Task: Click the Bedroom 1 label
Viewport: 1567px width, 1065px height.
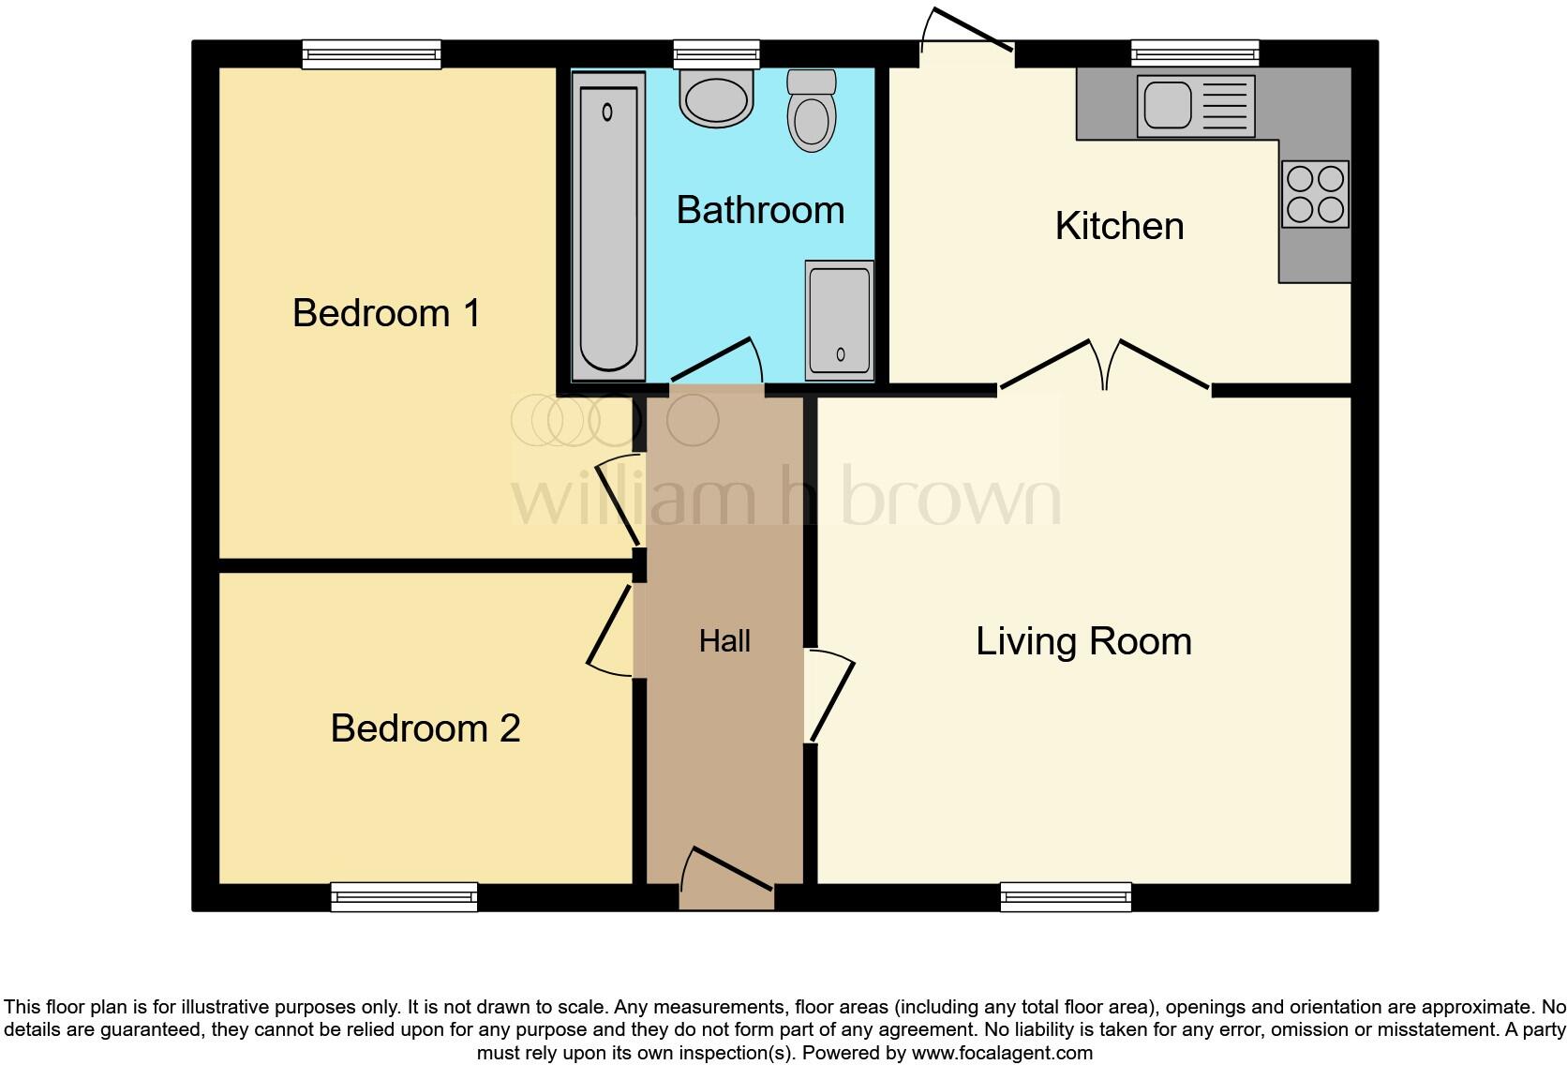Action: (x=386, y=313)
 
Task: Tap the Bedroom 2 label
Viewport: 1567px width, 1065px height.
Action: (x=425, y=728)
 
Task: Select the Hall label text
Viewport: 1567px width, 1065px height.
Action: (x=724, y=641)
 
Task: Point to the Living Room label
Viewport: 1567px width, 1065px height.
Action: (x=1083, y=641)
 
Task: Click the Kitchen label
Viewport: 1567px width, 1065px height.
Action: (x=1119, y=226)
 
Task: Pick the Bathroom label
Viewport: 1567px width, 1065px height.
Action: (x=760, y=210)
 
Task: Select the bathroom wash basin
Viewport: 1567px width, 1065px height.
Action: (x=717, y=98)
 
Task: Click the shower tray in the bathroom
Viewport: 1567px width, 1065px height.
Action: (x=840, y=321)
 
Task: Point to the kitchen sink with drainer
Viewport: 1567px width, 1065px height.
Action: (x=1195, y=106)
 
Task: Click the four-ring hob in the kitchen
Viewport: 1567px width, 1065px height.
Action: (x=1315, y=194)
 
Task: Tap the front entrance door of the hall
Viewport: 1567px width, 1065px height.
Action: (x=727, y=872)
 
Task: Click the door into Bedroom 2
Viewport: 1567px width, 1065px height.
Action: (x=610, y=630)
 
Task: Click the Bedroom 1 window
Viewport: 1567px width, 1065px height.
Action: (x=371, y=54)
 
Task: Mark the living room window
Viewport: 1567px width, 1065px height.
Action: (x=1066, y=897)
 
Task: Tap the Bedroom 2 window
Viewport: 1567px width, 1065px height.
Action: (x=404, y=897)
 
